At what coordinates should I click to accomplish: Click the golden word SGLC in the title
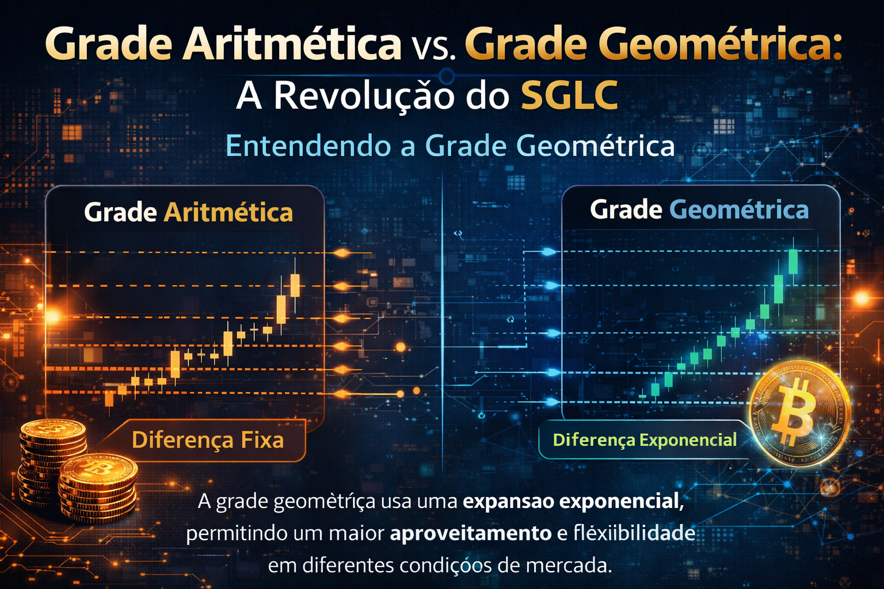[569, 95]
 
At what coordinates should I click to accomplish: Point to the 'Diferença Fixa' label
[208, 440]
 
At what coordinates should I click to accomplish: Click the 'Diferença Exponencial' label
[645, 439]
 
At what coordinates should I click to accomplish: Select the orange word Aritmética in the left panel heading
[228, 213]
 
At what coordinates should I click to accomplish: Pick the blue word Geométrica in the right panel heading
[739, 210]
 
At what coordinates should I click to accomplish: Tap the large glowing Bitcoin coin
[799, 414]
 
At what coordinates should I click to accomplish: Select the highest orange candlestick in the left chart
[295, 285]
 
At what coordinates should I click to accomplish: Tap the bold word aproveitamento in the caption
[470, 533]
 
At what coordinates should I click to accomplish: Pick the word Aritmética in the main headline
[291, 43]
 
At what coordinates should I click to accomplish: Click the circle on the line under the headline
[447, 75]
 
